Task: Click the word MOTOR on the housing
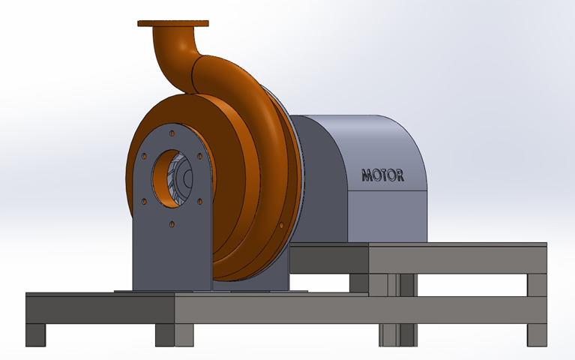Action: click(383, 175)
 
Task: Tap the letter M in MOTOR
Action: click(367, 176)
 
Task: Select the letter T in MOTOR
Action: click(383, 175)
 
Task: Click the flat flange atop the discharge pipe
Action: click(172, 23)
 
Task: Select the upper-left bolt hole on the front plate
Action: click(144, 156)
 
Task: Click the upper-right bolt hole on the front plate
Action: click(199, 156)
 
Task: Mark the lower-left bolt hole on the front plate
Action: click(144, 200)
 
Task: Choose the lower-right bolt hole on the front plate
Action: click(200, 200)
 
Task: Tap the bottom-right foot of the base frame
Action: click(537, 334)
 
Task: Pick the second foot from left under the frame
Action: click(165, 334)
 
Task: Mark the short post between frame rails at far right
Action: click(537, 284)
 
